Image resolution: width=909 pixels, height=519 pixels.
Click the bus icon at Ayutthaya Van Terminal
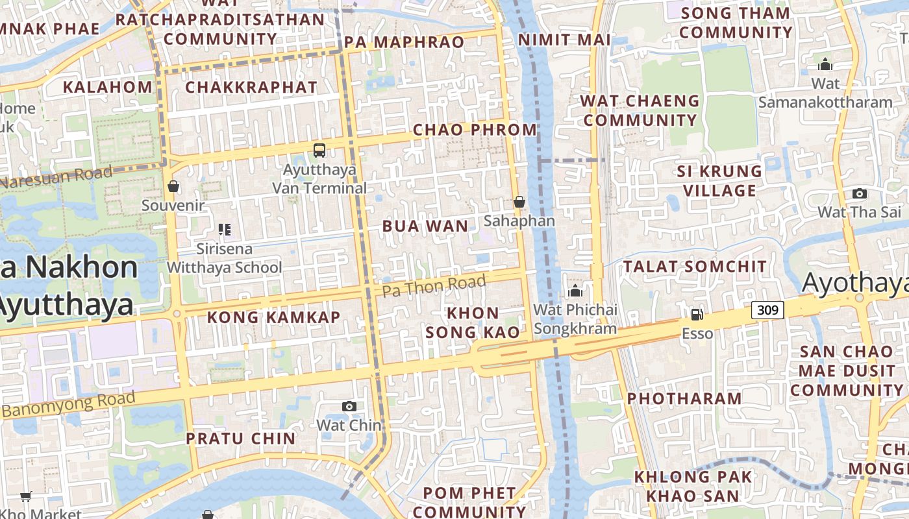tap(319, 151)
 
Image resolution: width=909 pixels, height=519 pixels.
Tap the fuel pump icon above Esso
tap(697, 315)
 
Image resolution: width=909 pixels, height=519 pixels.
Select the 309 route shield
tap(767, 310)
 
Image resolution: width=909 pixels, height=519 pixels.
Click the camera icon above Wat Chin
tap(349, 406)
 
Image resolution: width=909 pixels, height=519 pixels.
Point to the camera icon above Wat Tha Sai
tap(859, 193)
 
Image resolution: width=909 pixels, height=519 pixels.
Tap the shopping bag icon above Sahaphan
tap(519, 202)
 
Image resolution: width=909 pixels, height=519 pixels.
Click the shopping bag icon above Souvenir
tap(173, 186)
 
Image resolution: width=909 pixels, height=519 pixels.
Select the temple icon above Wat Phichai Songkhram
tap(575, 291)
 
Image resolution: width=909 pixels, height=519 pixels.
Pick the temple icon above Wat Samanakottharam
tap(825, 64)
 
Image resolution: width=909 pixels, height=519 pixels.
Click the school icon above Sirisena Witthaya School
tap(225, 229)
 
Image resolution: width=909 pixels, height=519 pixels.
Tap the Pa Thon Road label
tap(434, 285)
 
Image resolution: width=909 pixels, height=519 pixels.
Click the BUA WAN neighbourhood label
tap(425, 226)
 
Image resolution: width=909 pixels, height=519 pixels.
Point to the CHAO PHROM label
tap(475, 130)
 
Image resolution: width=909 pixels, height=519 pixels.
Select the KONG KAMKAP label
tap(273, 317)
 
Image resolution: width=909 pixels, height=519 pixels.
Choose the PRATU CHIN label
tap(241, 439)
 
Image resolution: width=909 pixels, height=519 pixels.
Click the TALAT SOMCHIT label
tap(695, 267)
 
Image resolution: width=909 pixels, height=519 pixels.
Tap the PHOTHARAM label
tap(684, 398)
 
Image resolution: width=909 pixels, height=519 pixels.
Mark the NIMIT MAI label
tap(564, 40)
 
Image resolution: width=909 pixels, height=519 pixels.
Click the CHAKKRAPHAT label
tap(251, 87)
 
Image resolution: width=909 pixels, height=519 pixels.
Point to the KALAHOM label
tap(108, 87)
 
